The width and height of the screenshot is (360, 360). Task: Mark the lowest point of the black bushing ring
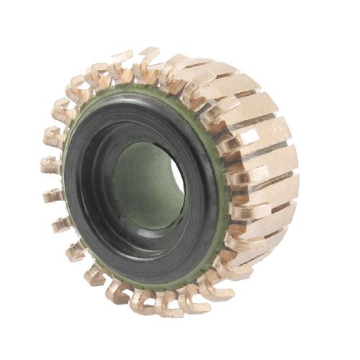155,283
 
